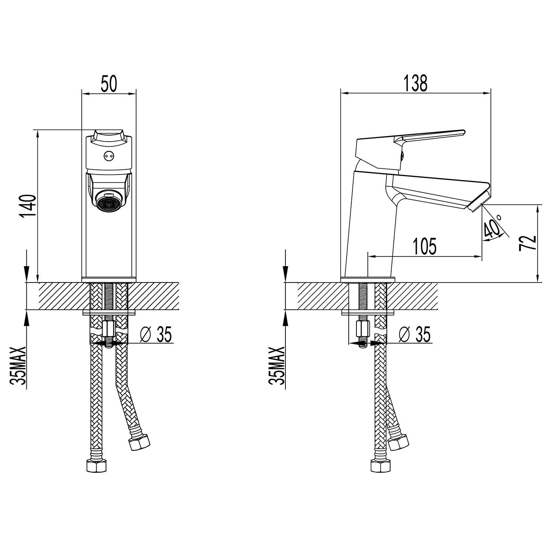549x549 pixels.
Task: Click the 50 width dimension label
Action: pos(109,84)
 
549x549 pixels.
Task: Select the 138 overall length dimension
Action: pos(415,84)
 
